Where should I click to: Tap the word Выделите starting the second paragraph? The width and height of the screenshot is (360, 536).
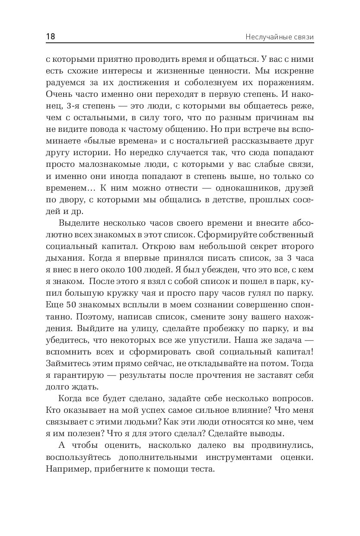78,223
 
